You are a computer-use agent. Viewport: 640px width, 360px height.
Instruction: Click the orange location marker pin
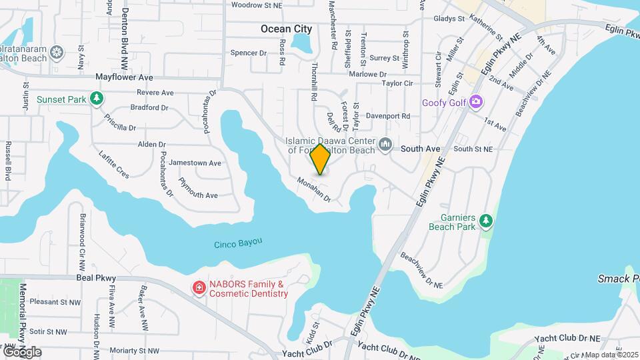tap(320, 159)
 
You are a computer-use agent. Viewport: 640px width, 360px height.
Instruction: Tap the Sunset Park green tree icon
tap(97, 99)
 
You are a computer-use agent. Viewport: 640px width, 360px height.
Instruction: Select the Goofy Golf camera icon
tap(475, 102)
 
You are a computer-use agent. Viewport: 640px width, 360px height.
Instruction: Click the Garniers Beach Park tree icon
tap(487, 219)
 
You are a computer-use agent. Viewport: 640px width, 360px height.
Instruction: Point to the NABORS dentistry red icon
tap(199, 288)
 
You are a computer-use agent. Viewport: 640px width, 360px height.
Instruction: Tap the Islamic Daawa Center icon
tap(385, 145)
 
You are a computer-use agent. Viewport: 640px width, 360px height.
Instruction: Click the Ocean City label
tap(286, 29)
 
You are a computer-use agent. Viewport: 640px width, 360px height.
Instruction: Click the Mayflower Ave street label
tap(124, 77)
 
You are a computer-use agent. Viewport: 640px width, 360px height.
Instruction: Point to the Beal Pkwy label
tap(96, 278)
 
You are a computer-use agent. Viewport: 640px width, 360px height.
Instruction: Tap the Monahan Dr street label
tap(314, 189)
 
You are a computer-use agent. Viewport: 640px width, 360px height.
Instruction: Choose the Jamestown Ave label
tap(195, 163)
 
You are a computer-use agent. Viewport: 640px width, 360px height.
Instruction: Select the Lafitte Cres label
tap(113, 163)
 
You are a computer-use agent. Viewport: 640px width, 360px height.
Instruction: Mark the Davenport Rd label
tap(388, 115)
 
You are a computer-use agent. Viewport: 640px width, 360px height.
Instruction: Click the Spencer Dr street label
tap(248, 53)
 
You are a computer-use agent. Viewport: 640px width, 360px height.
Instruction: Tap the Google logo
tap(22, 351)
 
